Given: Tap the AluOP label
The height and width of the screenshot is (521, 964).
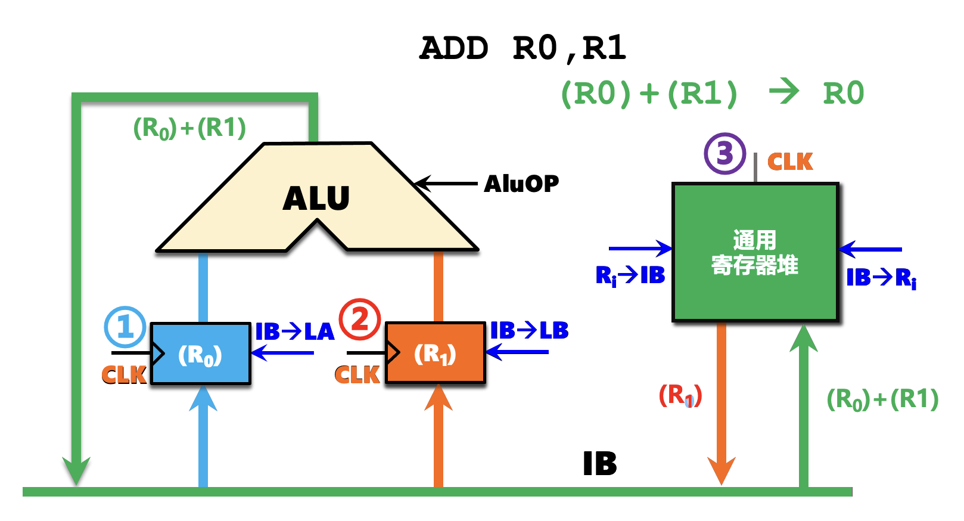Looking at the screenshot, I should click(x=521, y=184).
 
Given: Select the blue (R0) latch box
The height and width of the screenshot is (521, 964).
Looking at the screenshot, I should click(x=201, y=354).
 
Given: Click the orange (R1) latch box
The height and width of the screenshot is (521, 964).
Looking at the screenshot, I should click(x=436, y=353).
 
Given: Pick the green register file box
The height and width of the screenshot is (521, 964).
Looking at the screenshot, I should click(x=755, y=252).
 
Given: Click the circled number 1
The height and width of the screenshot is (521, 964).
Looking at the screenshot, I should click(x=125, y=327).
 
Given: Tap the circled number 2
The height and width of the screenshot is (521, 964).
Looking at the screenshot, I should click(x=360, y=319).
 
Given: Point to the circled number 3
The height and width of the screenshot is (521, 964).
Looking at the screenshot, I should click(x=724, y=153).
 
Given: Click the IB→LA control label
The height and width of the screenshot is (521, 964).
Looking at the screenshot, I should click(x=295, y=331).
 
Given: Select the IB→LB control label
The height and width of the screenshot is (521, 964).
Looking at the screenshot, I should click(x=529, y=330).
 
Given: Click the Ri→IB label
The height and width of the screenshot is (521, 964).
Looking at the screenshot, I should click(x=630, y=275).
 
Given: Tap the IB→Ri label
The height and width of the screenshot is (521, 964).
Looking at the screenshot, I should click(x=881, y=278).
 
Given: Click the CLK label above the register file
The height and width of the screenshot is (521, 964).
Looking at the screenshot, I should click(x=790, y=162).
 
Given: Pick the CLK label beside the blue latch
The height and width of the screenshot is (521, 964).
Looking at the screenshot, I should click(x=124, y=375).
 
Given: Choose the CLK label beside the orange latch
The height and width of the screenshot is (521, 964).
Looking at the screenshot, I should click(x=357, y=375).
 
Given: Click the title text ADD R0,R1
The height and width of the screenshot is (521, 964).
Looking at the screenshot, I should click(x=523, y=48).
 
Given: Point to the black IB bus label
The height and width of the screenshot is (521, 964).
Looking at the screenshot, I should click(x=599, y=464).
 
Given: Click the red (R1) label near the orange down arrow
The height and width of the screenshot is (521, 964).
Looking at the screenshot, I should click(x=680, y=395).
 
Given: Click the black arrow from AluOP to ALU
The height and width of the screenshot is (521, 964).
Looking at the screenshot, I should click(x=446, y=184).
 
